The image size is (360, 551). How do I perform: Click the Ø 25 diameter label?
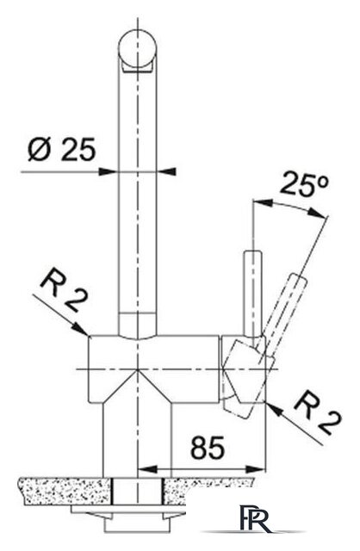(x=61, y=149)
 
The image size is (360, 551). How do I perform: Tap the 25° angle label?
(x=305, y=184)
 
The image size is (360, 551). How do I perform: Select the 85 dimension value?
(x=208, y=447)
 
